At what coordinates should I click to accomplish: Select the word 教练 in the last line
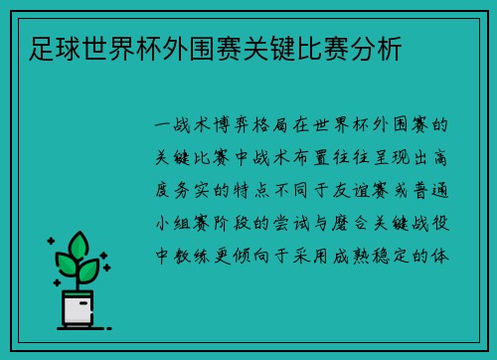pyautogui.click(x=192, y=254)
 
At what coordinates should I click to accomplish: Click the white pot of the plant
pyautogui.click(x=79, y=308)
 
